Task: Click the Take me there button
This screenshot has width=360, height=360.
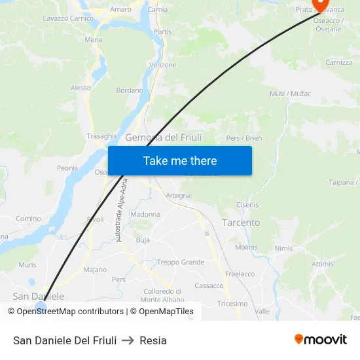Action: [x=180, y=160]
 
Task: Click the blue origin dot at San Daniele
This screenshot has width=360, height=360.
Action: [x=41, y=306]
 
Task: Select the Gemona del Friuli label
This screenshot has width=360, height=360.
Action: [x=163, y=137]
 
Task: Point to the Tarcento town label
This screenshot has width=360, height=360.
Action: [x=241, y=223]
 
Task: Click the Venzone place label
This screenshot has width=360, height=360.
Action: [x=163, y=65]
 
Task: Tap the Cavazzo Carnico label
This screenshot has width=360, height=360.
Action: [x=68, y=18]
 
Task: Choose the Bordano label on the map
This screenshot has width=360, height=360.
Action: [x=129, y=90]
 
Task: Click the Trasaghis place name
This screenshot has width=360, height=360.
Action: [x=101, y=136]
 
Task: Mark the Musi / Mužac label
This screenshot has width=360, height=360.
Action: [x=290, y=94]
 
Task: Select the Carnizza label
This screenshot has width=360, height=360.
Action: [x=338, y=63]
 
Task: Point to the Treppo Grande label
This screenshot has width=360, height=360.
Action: [x=181, y=262]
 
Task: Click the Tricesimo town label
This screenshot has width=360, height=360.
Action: [x=232, y=304]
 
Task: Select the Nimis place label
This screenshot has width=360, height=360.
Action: [x=283, y=249]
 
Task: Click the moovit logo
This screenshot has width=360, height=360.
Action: [x=320, y=339]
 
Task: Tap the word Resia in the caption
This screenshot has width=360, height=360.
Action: [x=153, y=340]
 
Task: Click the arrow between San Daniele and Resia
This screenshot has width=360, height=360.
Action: [x=128, y=340]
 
